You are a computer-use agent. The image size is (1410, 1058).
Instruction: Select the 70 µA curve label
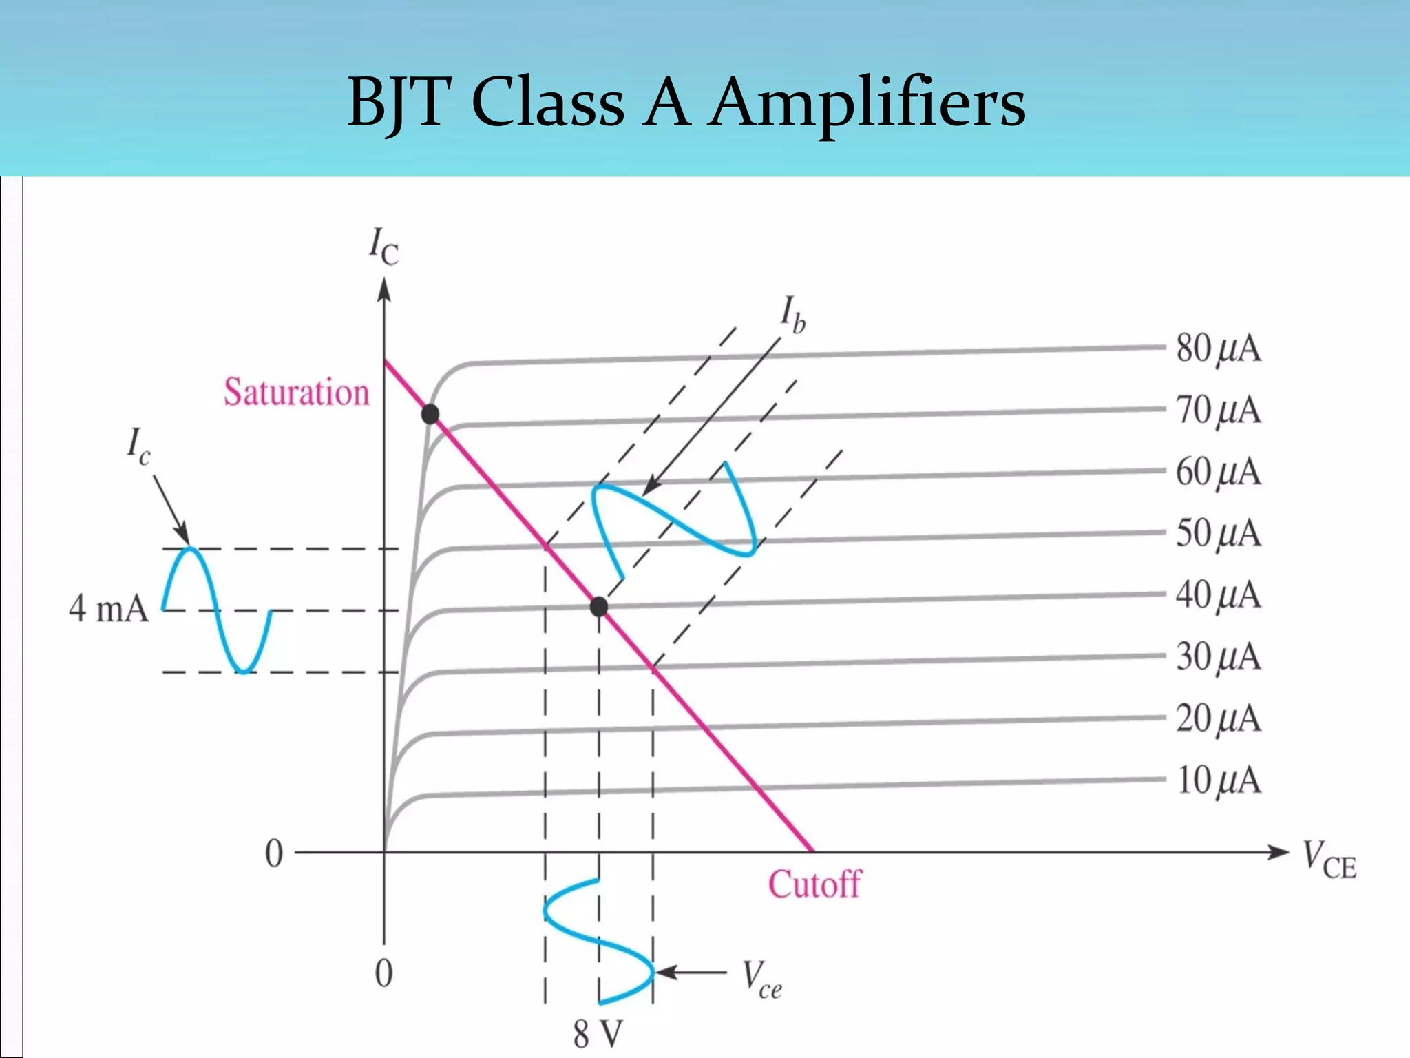click(1218, 411)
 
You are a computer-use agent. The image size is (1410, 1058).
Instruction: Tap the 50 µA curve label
click(1218, 534)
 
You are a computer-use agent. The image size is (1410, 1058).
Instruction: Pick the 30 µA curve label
click(1218, 657)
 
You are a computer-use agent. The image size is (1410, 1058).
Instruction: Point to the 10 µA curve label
click(1218, 781)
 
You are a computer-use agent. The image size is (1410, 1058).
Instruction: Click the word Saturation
click(296, 393)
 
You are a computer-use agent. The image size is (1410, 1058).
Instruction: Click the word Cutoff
click(814, 884)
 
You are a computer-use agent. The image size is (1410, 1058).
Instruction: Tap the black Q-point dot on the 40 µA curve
click(599, 606)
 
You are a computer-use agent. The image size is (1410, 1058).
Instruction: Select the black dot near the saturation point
click(430, 414)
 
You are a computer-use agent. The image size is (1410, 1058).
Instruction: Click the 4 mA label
click(109, 609)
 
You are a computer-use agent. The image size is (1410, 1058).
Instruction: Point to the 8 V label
click(598, 1034)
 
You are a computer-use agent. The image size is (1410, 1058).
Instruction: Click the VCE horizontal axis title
click(1329, 861)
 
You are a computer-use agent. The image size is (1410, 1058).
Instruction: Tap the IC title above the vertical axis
click(383, 247)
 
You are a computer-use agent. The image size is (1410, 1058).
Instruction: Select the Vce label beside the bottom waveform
click(761, 979)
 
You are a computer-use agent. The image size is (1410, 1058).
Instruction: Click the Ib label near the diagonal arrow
click(792, 315)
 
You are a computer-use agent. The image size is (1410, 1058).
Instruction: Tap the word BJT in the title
click(399, 103)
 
